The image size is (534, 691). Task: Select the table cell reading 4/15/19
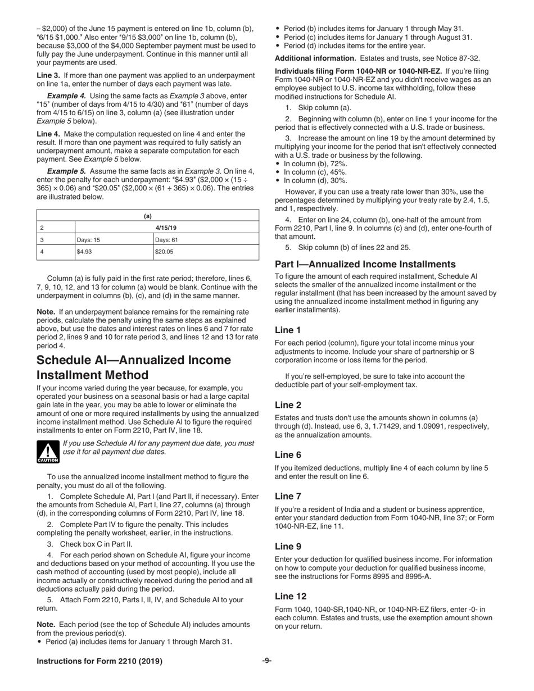(166, 228)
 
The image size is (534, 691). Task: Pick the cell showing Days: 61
(206, 240)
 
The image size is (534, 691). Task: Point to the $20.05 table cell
(206, 252)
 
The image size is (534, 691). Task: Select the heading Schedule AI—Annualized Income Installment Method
(134, 367)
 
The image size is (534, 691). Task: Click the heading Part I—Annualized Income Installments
(365, 264)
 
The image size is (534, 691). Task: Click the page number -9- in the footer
(267, 661)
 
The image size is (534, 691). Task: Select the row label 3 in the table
(42, 240)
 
